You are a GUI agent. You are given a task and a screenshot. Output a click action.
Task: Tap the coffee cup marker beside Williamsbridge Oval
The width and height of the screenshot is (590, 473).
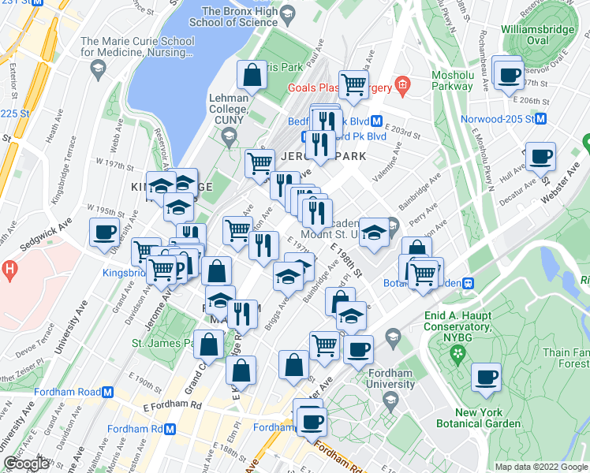[508, 76]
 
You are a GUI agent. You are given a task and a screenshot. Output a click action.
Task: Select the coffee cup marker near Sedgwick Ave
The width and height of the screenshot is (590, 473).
[105, 233]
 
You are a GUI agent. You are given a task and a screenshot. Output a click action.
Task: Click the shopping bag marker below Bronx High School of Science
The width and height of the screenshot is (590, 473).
[252, 76]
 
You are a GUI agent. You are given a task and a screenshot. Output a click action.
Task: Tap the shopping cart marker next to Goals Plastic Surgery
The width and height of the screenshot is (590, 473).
[353, 83]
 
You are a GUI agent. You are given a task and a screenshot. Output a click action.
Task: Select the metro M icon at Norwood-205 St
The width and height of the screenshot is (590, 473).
[540, 120]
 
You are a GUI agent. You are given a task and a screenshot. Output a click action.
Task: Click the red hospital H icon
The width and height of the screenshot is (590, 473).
[9, 270]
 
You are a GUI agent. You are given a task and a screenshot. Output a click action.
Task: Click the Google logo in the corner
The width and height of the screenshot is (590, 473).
[26, 464]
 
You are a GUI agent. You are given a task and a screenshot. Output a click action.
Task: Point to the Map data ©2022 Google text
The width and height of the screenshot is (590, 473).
[540, 467]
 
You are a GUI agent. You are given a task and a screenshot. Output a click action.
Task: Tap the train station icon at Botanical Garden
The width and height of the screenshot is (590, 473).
[469, 283]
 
